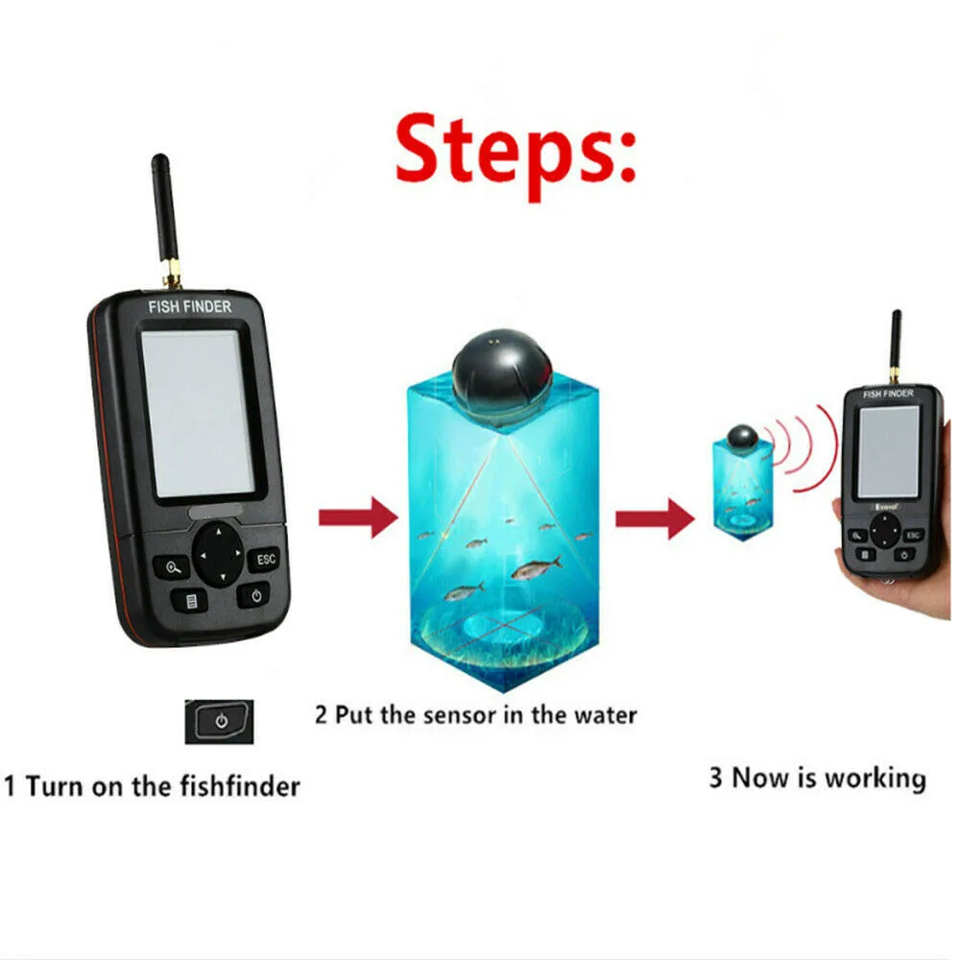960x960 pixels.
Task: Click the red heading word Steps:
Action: click(x=516, y=156)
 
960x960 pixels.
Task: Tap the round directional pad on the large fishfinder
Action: click(x=218, y=554)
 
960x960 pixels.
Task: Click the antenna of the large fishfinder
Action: click(x=163, y=216)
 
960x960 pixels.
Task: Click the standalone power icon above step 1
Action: click(x=220, y=721)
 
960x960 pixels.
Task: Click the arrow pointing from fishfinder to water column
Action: click(x=357, y=519)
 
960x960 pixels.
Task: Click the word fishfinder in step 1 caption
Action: click(x=240, y=787)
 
